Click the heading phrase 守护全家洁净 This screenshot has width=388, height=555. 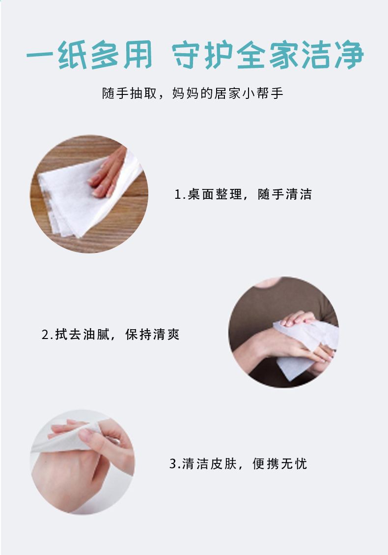point(268,55)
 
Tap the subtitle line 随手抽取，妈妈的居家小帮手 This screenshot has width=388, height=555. point(193,93)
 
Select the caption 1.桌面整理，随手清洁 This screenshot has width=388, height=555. point(243,194)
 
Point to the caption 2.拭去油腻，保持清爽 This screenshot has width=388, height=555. point(111,335)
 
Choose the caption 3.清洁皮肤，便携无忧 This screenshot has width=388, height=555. point(238,463)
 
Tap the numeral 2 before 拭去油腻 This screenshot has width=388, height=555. point(45,335)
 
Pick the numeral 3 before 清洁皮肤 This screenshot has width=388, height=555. point(173,463)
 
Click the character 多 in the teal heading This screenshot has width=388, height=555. point(105,55)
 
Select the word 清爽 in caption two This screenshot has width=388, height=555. point(166,335)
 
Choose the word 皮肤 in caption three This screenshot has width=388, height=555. point(223,463)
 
